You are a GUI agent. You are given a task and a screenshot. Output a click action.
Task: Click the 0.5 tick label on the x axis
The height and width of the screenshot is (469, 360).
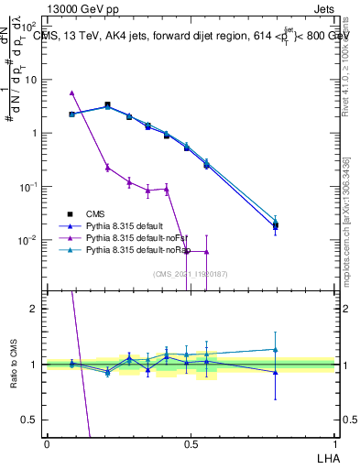[x=191, y=443]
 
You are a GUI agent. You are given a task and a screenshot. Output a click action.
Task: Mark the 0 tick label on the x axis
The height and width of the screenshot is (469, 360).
[x=47, y=443]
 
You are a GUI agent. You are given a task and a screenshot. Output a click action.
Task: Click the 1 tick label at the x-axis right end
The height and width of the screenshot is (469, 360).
[x=333, y=443]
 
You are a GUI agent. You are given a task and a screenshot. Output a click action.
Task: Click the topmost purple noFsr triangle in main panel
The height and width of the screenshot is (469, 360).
[x=71, y=93]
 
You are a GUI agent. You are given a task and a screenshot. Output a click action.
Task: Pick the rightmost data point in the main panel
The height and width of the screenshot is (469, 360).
[x=275, y=225]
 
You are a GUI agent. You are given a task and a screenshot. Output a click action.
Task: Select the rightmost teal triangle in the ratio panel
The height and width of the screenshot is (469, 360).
[x=275, y=349]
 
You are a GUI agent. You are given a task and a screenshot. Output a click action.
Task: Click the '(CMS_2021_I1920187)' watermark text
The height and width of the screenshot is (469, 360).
[x=190, y=274]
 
